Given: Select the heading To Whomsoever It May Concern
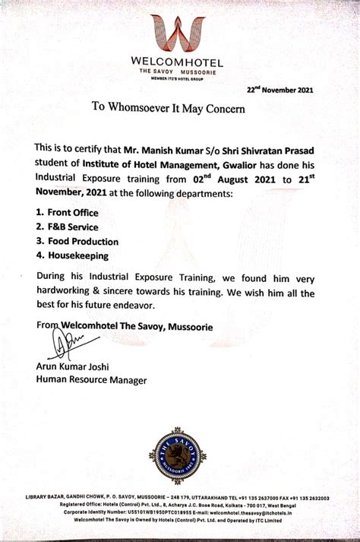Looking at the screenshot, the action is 169,109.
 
